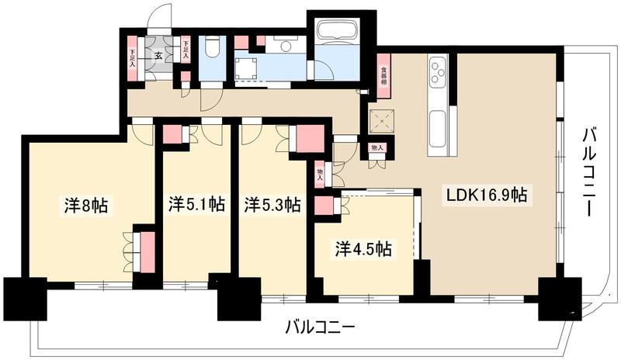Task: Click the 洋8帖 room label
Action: (x=85, y=206)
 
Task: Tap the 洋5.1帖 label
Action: (x=196, y=206)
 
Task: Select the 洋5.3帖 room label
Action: (x=272, y=206)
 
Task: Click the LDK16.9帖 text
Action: (x=487, y=196)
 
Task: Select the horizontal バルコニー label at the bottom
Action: (x=319, y=327)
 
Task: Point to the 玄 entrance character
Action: (x=158, y=55)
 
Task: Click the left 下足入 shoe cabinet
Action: (x=132, y=56)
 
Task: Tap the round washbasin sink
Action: (x=286, y=47)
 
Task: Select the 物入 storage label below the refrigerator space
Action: (x=377, y=147)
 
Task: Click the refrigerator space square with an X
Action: (x=381, y=120)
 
